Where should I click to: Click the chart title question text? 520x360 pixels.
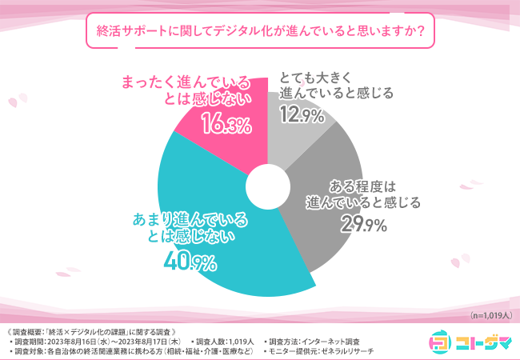point(260,33)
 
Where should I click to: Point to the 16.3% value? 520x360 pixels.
point(226,122)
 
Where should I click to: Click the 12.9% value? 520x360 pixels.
point(302,115)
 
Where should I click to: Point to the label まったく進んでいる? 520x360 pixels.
point(183,83)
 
